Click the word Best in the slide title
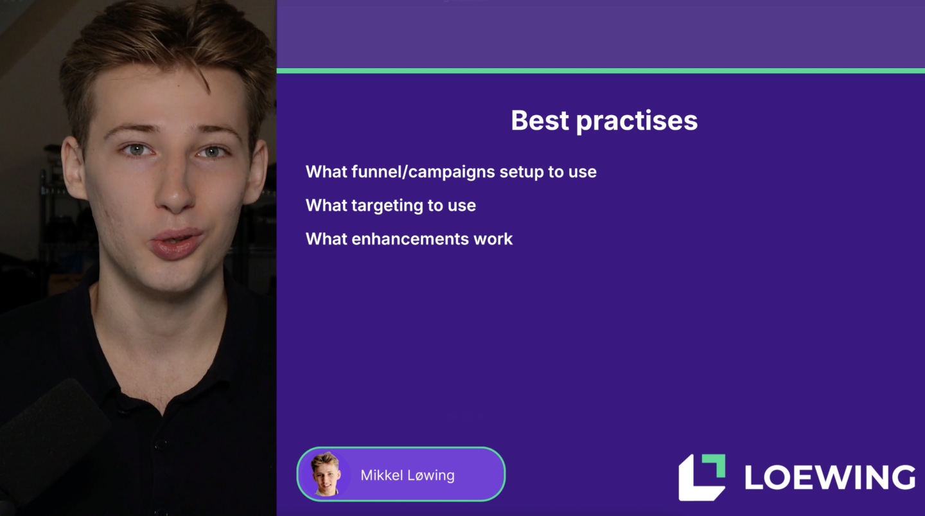[x=540, y=121]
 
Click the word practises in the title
[x=637, y=122]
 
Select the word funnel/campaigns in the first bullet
[x=423, y=172]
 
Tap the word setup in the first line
[x=521, y=173]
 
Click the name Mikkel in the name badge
[x=382, y=475]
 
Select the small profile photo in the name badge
[x=326, y=474]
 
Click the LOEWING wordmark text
[x=830, y=477]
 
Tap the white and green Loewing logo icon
[x=701, y=477]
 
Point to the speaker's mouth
[x=176, y=243]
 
